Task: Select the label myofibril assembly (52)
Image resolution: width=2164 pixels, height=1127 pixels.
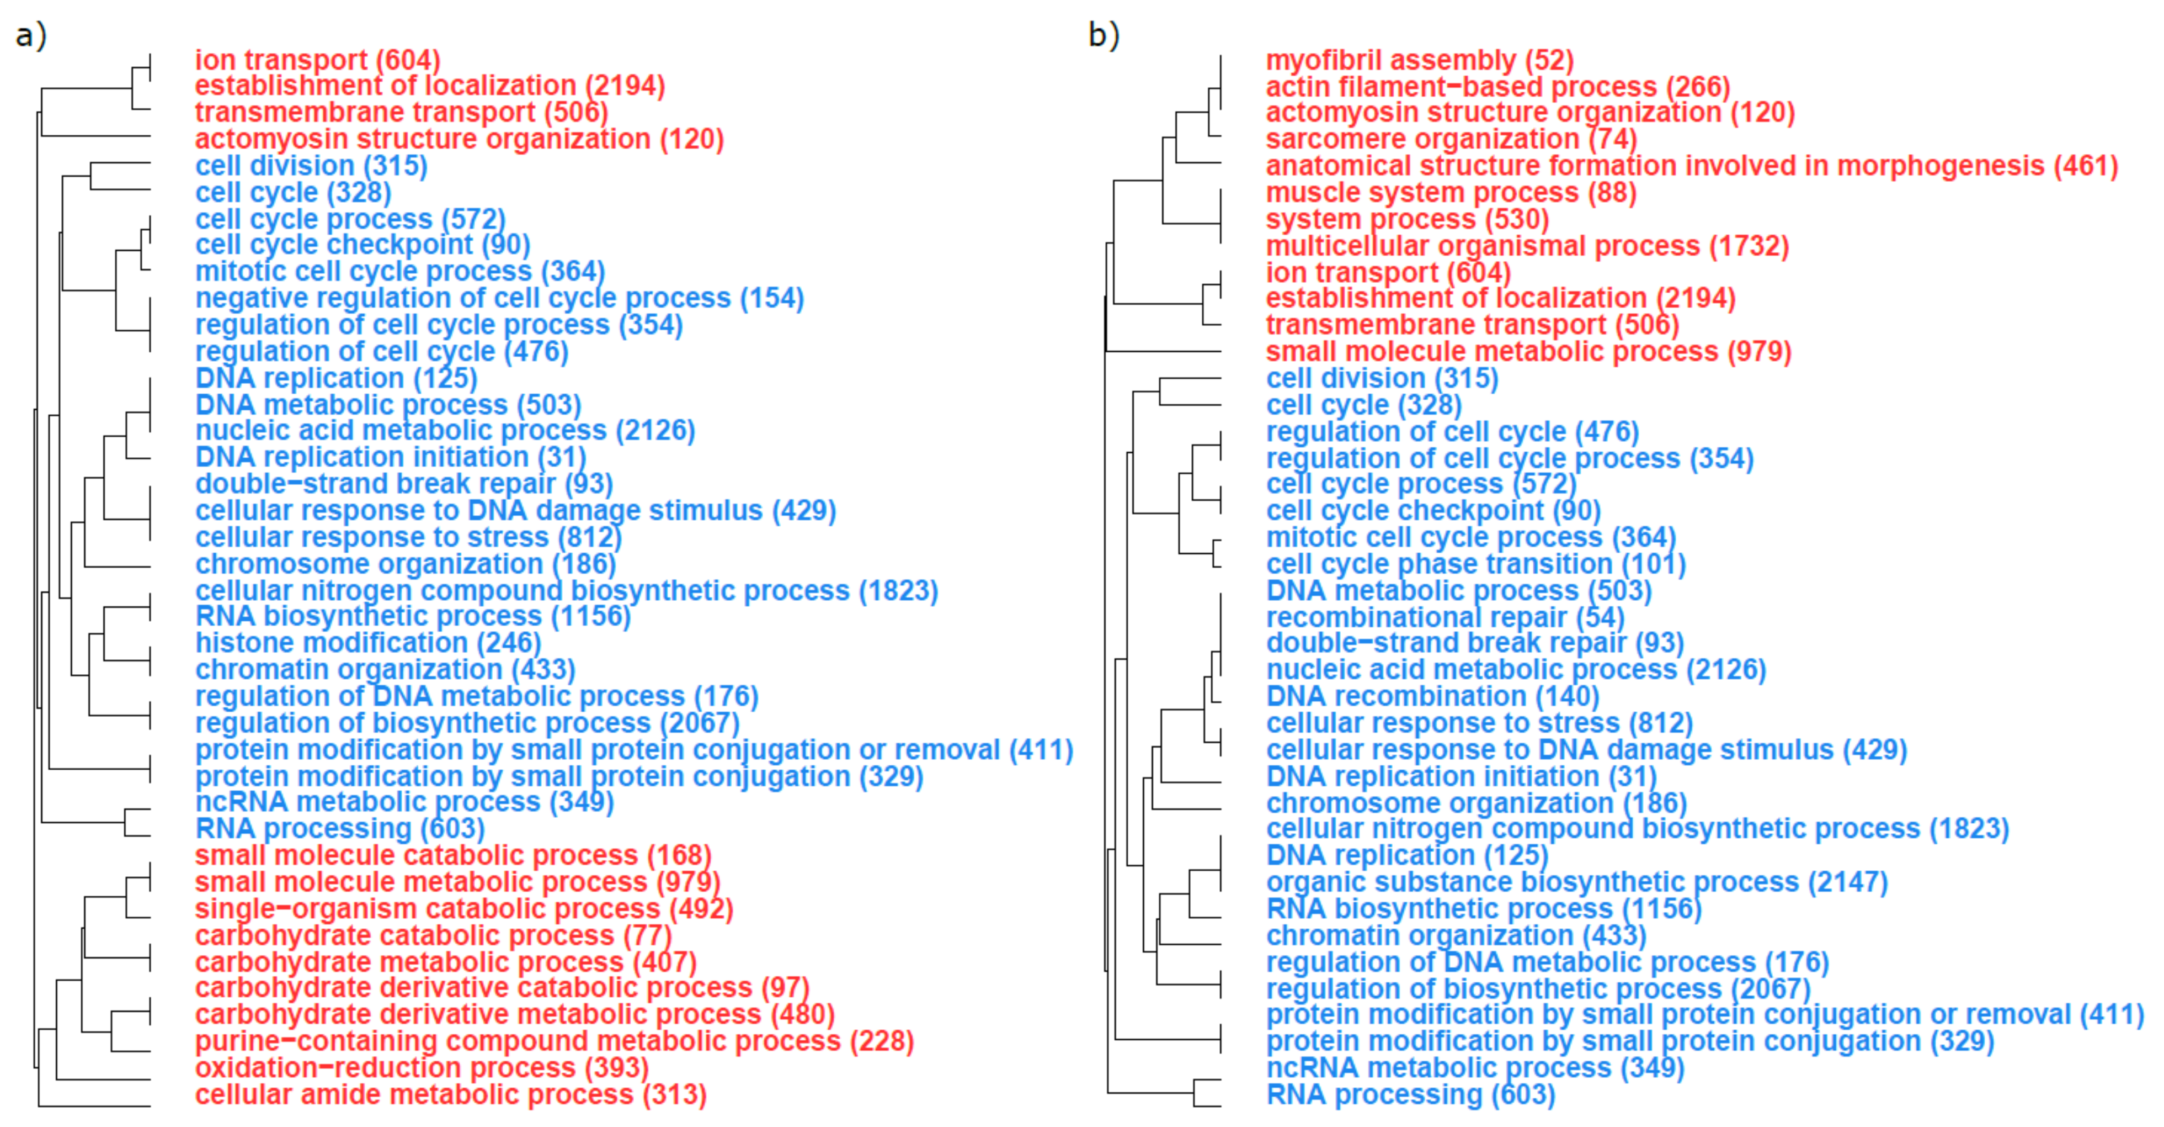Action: (1419, 61)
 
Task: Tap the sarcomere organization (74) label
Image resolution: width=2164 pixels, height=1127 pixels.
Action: (1451, 139)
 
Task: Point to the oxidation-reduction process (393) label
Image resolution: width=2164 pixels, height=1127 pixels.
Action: (422, 1067)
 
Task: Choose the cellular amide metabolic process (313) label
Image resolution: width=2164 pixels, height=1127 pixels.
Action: (450, 1094)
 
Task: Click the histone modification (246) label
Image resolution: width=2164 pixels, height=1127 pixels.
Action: (368, 643)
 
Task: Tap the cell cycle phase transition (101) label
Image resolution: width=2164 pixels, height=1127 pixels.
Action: (1476, 564)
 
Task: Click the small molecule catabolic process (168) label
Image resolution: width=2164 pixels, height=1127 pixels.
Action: (453, 855)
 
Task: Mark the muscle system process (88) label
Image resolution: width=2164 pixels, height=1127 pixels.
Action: (1451, 193)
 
